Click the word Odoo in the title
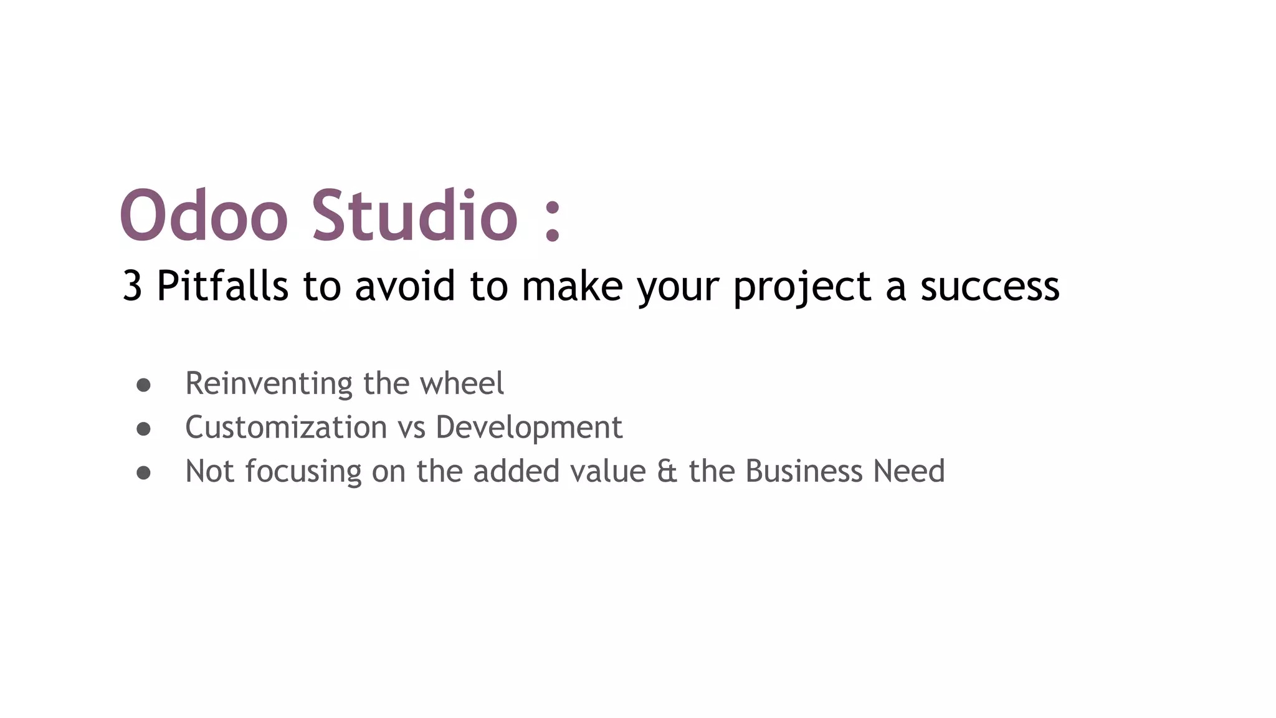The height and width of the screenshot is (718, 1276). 204,215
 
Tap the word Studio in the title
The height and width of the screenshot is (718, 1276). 414,215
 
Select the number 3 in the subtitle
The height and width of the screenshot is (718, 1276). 132,286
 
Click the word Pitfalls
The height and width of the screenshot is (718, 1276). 222,286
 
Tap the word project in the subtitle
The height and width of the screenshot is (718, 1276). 802,287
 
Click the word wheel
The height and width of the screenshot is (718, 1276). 462,383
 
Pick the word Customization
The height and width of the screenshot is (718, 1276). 286,428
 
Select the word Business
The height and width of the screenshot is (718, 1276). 804,471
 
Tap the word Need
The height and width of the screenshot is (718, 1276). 909,471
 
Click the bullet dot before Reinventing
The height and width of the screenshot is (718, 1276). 143,385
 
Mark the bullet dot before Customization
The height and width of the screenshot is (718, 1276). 143,429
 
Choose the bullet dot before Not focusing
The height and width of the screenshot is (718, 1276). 143,473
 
